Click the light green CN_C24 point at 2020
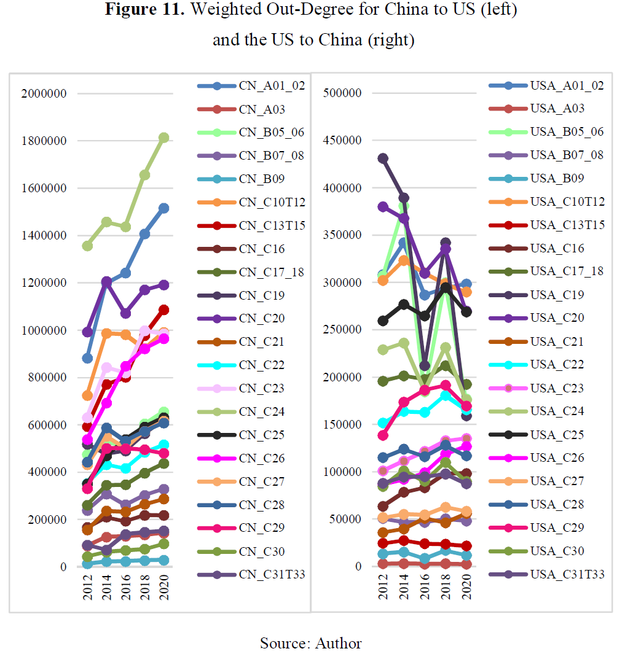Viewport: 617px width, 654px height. coord(164,138)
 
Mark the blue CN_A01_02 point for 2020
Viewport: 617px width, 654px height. coord(164,208)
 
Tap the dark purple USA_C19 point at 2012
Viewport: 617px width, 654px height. coord(383,158)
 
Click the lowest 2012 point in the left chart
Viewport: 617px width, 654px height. coord(88,563)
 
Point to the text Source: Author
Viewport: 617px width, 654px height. coord(310,643)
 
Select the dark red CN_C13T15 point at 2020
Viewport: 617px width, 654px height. coord(164,309)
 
